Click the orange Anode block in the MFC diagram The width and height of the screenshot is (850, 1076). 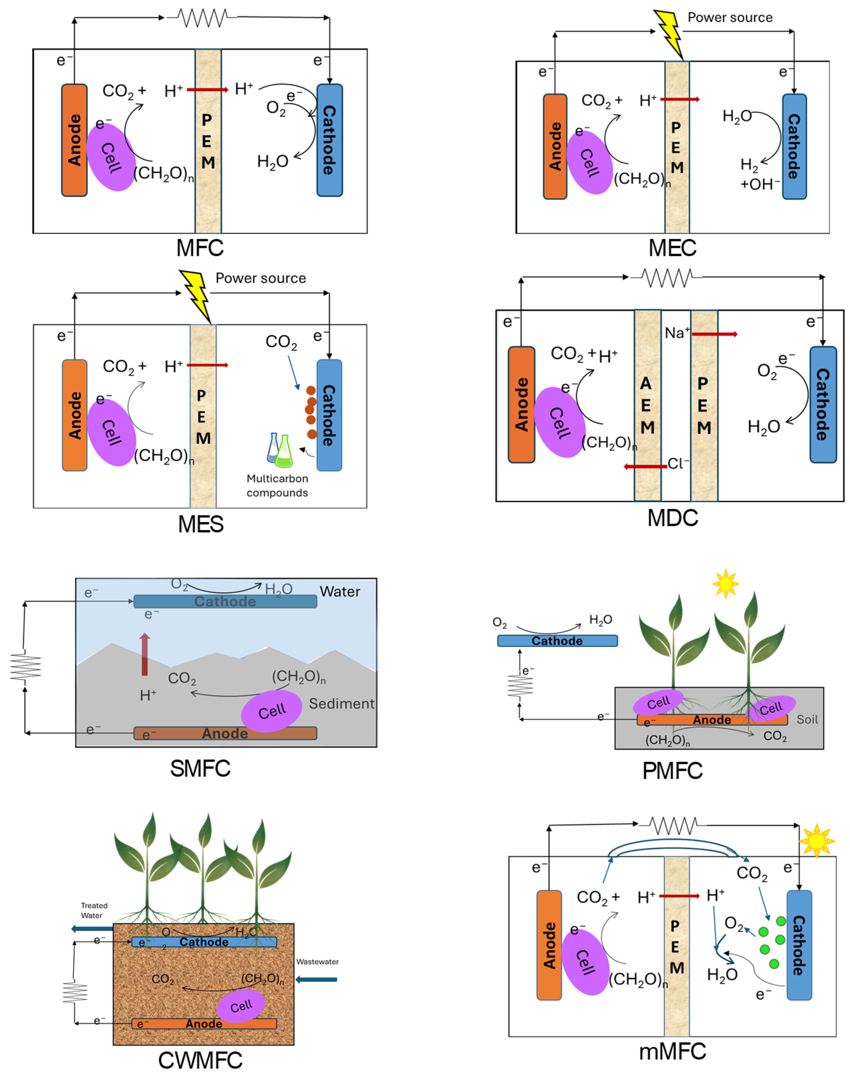pyautogui.click(x=74, y=140)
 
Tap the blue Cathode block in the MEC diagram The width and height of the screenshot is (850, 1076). pyautogui.click(x=794, y=146)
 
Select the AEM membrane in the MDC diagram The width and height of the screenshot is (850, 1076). pyautogui.click(x=648, y=405)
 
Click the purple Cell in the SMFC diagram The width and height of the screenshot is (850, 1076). pyautogui.click(x=272, y=710)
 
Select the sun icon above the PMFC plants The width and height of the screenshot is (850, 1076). pyautogui.click(x=726, y=583)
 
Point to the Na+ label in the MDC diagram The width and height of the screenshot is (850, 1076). pyautogui.click(x=677, y=333)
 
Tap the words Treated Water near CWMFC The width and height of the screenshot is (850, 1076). pyautogui.click(x=94, y=910)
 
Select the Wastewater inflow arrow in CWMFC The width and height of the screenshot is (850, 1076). pyautogui.click(x=317, y=979)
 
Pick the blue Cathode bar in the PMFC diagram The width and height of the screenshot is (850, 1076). pyautogui.click(x=557, y=641)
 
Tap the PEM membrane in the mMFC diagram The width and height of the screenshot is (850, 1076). pyautogui.click(x=677, y=946)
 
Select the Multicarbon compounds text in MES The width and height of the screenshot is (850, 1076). pyautogui.click(x=277, y=485)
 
